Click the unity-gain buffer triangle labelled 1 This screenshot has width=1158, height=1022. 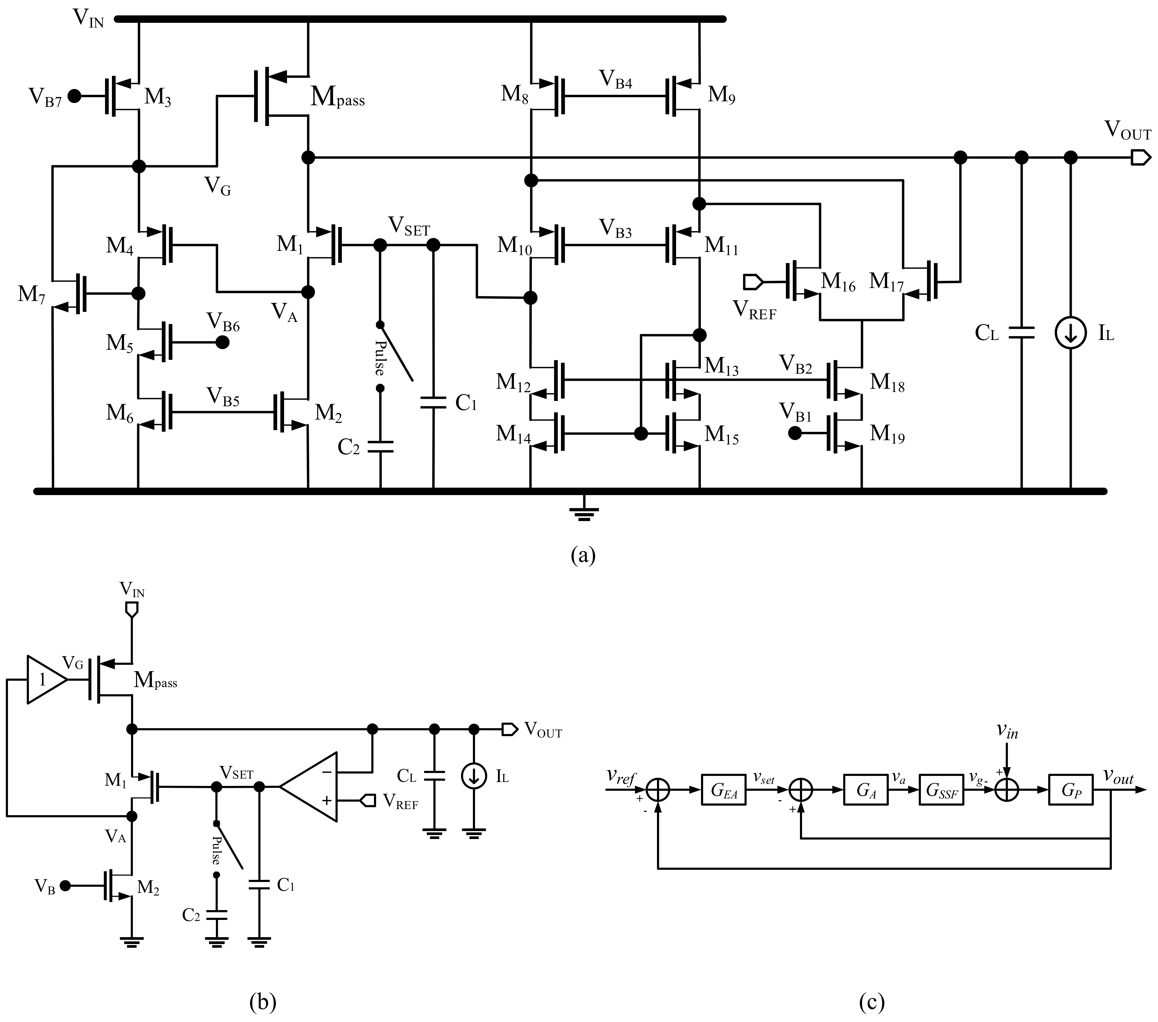click(x=45, y=680)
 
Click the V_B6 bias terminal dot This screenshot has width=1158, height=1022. click(x=223, y=342)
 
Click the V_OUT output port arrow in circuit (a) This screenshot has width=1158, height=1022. click(x=1140, y=158)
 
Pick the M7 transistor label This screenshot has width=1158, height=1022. click(x=31, y=295)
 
